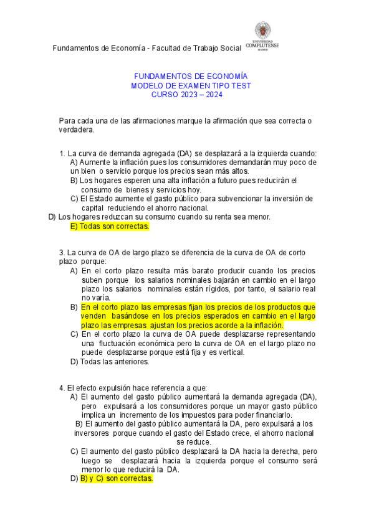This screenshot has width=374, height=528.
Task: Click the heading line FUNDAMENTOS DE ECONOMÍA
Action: pos(186,75)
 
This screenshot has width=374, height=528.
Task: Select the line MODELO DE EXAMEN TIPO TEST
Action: pos(186,85)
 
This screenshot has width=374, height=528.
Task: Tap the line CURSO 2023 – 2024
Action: pos(186,95)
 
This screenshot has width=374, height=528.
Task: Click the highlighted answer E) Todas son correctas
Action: pos(110,227)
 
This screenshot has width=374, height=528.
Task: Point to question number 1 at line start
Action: pos(62,154)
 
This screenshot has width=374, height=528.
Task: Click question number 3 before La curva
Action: pos(62,253)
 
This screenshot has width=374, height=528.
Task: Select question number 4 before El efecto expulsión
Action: pos(62,388)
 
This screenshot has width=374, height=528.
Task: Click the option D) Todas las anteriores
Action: pos(110,361)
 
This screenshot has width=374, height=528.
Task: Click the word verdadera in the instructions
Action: pos(75,130)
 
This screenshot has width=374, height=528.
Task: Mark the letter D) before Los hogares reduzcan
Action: pos(52,217)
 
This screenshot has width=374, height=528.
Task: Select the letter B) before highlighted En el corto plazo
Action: pos(74,308)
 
